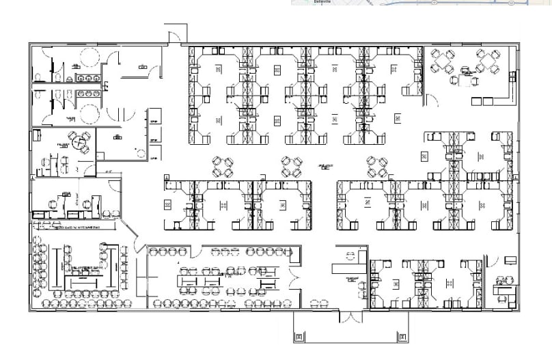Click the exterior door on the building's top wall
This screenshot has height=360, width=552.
[x=176, y=34]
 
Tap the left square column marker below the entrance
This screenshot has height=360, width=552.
[x=299, y=337]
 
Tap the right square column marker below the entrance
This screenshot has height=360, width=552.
[x=403, y=337]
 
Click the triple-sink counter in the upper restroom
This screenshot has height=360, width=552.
[x=87, y=79]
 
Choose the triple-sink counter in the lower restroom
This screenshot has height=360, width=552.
[x=88, y=94]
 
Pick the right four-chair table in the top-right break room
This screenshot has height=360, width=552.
[x=488, y=61]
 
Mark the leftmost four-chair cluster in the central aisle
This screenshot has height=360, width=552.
[x=223, y=166]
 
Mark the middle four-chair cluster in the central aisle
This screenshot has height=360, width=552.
[x=292, y=166]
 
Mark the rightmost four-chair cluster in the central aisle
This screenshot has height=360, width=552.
[x=376, y=166]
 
